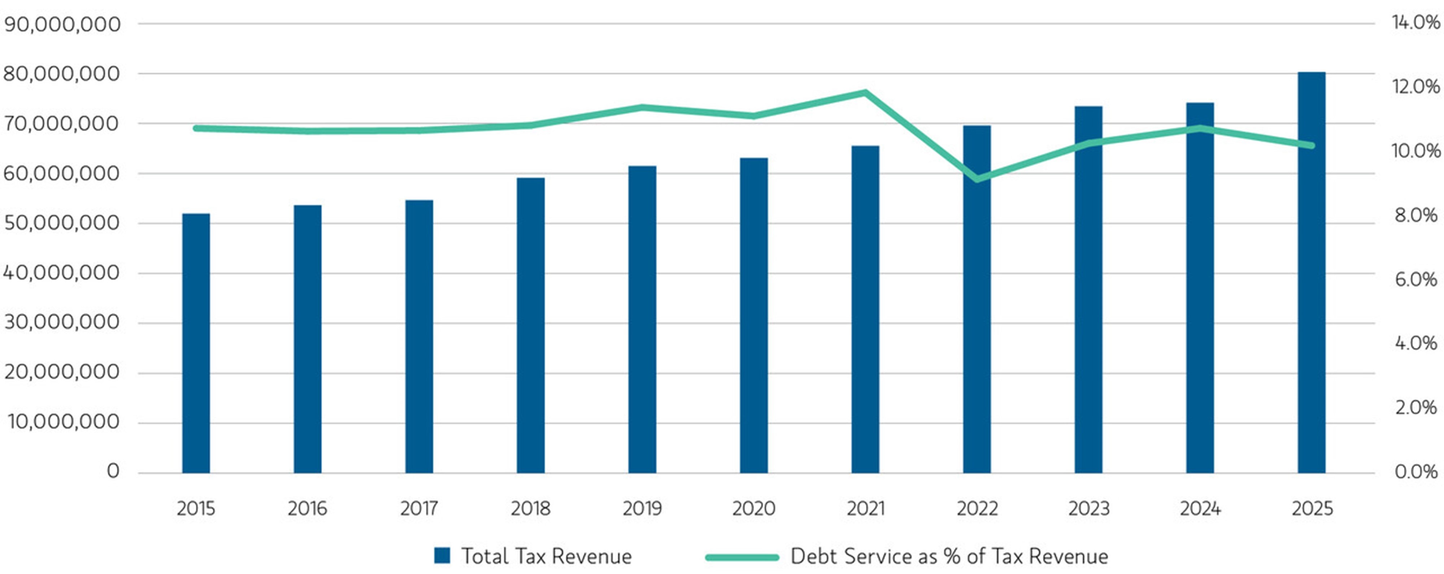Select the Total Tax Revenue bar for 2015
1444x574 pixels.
point(196,343)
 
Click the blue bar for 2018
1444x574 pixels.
point(530,325)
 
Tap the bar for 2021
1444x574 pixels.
point(865,309)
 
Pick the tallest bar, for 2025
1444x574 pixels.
point(1312,273)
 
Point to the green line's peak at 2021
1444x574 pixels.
point(865,92)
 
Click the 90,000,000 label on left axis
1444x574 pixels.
point(62,24)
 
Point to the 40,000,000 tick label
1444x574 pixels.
point(62,273)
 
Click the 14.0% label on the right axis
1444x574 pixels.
point(1416,22)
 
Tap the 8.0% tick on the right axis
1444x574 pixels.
point(1416,215)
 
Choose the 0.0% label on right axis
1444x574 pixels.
point(1416,471)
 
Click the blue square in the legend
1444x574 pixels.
point(442,556)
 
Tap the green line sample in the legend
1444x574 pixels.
point(741,557)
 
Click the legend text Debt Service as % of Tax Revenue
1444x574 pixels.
point(949,556)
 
